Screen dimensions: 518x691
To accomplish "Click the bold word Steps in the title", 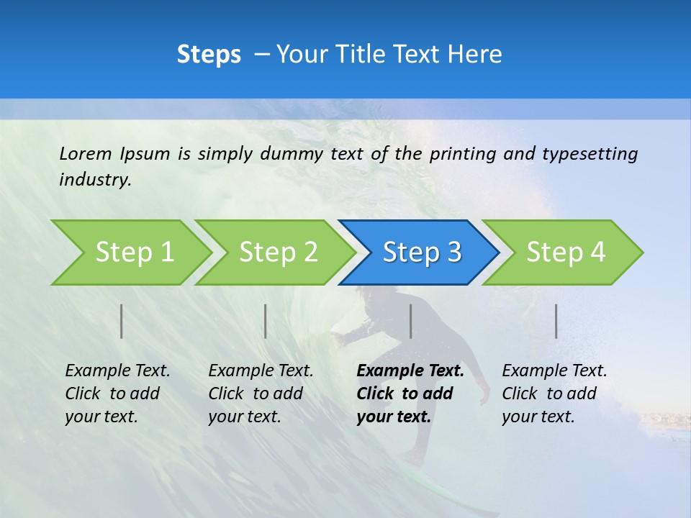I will (x=209, y=55).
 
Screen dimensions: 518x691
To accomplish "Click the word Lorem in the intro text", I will (x=85, y=153).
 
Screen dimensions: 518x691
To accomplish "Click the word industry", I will (x=94, y=179).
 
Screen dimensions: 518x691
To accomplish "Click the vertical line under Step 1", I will (x=122, y=321).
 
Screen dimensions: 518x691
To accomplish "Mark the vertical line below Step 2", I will (x=266, y=321).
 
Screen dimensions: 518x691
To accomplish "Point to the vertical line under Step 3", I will (x=410, y=321).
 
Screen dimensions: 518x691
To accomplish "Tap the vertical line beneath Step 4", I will (x=556, y=321).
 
